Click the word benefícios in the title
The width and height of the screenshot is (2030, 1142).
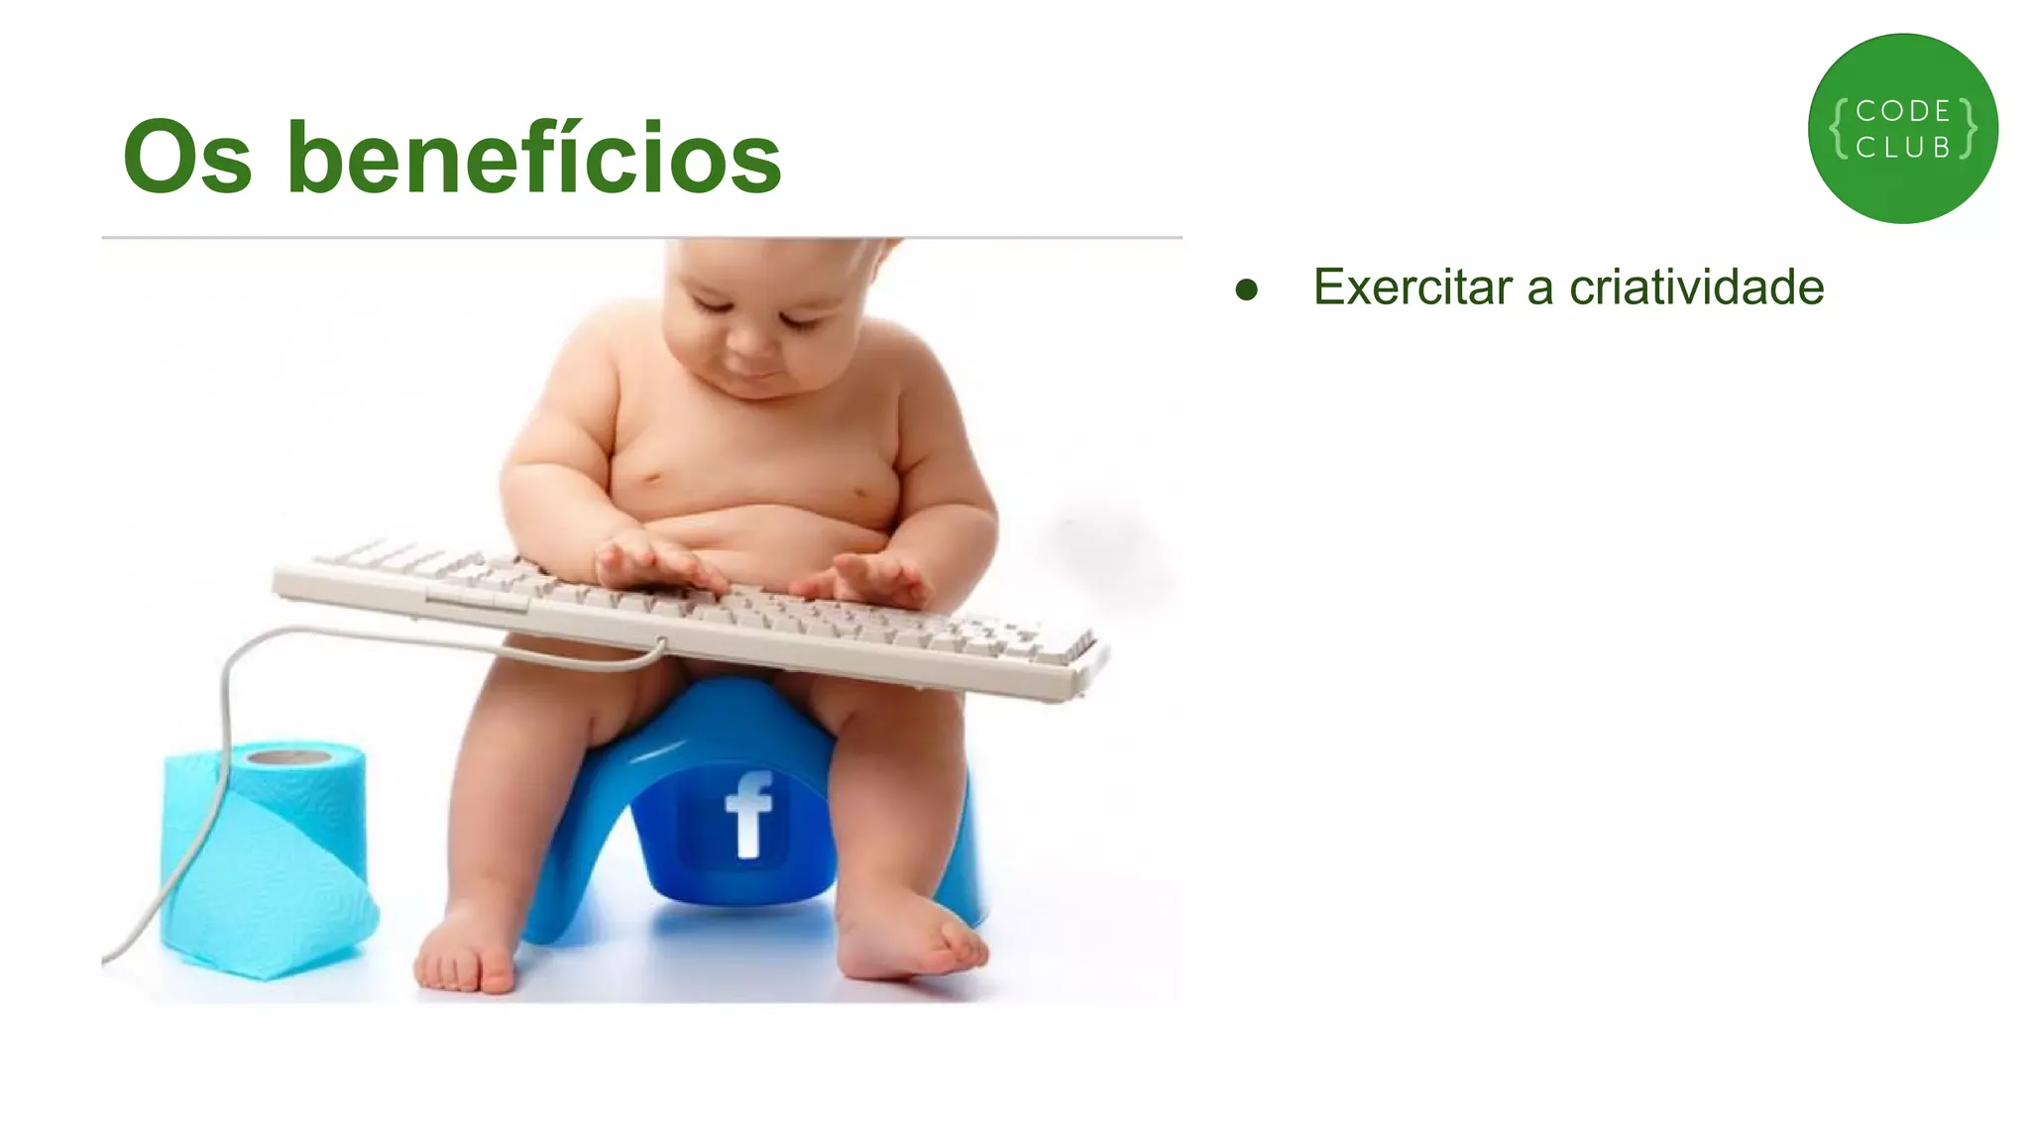pyautogui.click(x=535, y=159)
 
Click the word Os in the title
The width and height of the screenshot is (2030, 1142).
pyautogui.click(x=187, y=159)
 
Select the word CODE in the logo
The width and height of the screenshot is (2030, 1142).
pyautogui.click(x=1903, y=111)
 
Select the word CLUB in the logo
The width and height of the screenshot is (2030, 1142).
pyautogui.click(x=1903, y=148)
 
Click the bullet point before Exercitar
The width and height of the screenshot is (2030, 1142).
pyautogui.click(x=1247, y=289)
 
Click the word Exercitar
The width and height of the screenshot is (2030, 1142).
pyautogui.click(x=1412, y=287)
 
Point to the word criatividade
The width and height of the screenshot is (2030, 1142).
pyautogui.click(x=1696, y=287)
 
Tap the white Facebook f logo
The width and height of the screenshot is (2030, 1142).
pyautogui.click(x=749, y=815)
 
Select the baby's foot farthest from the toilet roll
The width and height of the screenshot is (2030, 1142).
pyautogui.click(x=912, y=942)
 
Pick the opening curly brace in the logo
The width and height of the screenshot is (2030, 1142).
pyautogui.click(x=1839, y=129)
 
